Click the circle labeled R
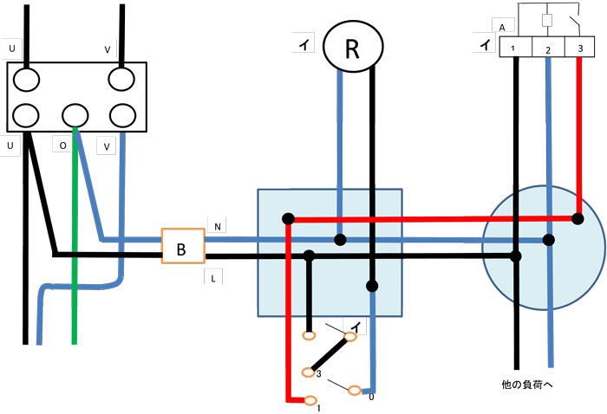point(351,48)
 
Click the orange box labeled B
point(182,249)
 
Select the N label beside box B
point(218,227)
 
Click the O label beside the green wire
point(62,146)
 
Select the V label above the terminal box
point(108,50)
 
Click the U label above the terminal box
point(12,50)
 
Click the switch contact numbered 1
point(310,399)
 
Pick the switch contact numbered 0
point(354,391)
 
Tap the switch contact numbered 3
point(307,372)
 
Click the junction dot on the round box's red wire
point(578,218)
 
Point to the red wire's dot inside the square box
point(288,218)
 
